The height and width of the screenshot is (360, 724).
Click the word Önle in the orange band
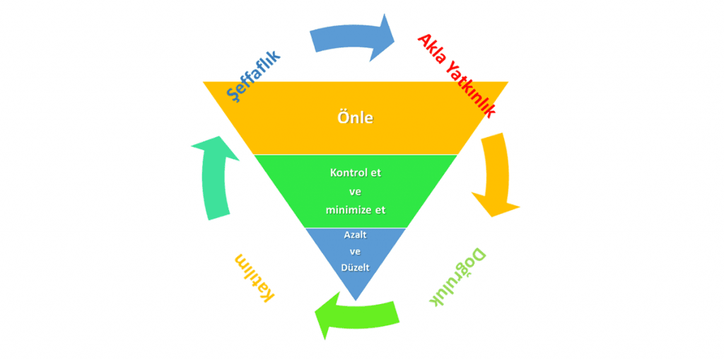pyautogui.click(x=355, y=118)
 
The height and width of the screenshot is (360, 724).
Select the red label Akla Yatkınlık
pyautogui.click(x=457, y=75)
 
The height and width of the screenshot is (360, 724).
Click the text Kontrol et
pyautogui.click(x=355, y=173)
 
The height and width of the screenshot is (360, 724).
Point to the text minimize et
pyautogui.click(x=355, y=209)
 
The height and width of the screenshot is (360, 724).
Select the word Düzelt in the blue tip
pyautogui.click(x=355, y=267)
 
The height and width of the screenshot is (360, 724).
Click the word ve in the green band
pyautogui.click(x=355, y=191)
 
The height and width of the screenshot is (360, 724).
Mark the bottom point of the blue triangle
pyautogui.click(x=355, y=297)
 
